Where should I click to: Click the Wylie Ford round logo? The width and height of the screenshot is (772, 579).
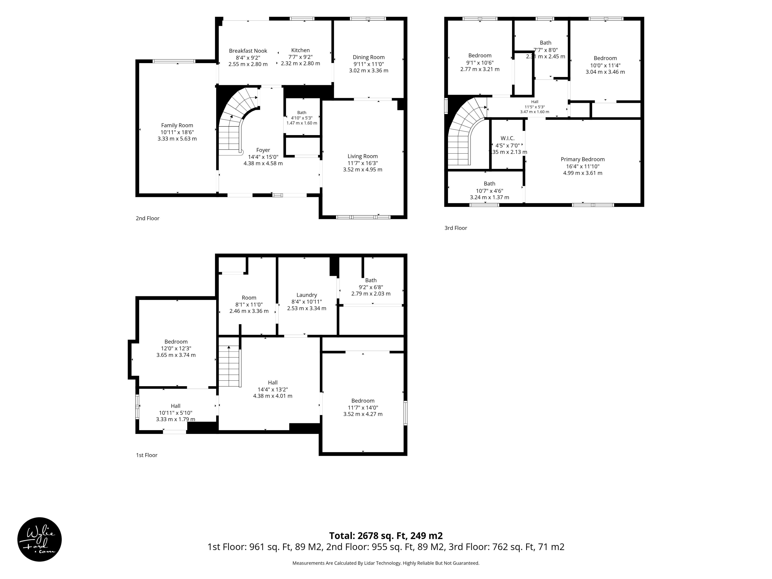39,539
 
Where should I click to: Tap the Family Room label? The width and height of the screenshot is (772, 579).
177,125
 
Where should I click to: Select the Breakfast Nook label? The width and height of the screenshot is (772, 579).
248,51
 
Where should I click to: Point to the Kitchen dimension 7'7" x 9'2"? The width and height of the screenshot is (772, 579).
301,57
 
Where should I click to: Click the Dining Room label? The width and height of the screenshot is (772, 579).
369,57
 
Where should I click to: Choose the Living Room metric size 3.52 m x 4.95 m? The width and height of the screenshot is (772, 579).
363,170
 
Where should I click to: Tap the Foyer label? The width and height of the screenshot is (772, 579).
263,150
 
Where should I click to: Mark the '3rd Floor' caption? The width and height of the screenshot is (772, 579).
456,228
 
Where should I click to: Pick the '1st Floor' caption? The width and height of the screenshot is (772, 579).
147,455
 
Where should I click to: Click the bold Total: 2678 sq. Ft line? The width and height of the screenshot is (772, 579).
386,536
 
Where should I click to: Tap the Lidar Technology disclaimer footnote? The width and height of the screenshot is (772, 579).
386,563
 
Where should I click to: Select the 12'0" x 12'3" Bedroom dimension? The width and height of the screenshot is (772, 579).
176,348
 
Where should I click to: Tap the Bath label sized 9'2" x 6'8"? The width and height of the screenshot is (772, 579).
371,280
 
